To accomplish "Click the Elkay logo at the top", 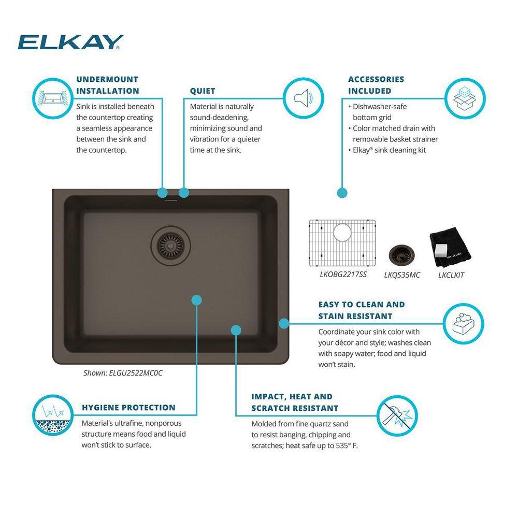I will [x=70, y=42].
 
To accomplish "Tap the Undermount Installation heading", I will [x=107, y=85].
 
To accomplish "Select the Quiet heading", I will [x=202, y=91].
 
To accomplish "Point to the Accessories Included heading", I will [x=376, y=85].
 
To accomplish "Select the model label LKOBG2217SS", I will [x=343, y=274].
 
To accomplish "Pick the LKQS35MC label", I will [x=402, y=275].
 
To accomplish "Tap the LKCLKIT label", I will [x=451, y=275].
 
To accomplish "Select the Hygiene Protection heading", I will [x=128, y=408].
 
